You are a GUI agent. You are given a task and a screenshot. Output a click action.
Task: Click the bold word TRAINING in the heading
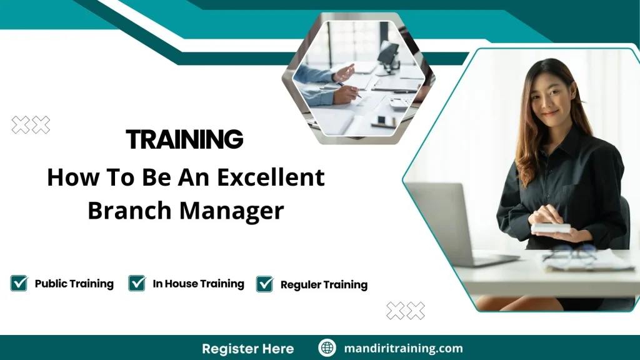click(x=184, y=139)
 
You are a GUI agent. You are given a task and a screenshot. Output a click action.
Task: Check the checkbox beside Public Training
click(x=19, y=284)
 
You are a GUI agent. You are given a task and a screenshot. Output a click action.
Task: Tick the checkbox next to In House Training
click(x=137, y=284)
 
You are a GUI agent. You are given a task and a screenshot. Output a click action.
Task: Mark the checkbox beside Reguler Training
click(x=265, y=284)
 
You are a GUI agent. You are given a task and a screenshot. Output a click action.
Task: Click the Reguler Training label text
click(x=324, y=285)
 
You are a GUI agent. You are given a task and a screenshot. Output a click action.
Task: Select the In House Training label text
click(x=198, y=284)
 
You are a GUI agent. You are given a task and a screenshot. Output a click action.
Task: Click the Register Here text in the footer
click(x=247, y=348)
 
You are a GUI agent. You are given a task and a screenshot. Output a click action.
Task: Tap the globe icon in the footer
click(x=327, y=348)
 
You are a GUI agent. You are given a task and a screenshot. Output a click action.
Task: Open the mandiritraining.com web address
click(x=403, y=348)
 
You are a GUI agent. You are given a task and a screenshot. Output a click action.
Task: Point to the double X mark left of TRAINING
click(x=31, y=126)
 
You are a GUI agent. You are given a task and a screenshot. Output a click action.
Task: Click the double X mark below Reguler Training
click(x=406, y=311)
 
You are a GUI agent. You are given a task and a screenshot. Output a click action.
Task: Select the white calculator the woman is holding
click(x=551, y=227)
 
